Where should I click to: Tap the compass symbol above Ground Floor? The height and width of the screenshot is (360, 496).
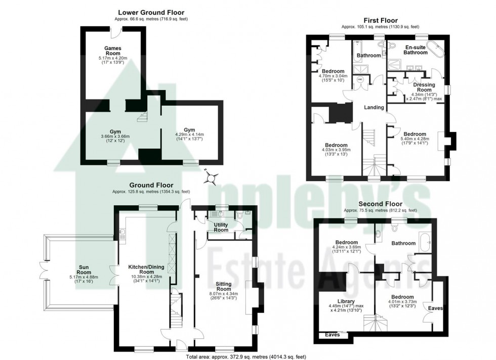click(212, 177)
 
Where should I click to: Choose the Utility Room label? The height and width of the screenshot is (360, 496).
click(221, 227)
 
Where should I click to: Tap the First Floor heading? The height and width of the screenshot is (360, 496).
click(380, 20)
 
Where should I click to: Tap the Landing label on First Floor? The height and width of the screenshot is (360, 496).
click(374, 107)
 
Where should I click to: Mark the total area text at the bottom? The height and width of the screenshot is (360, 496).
click(246, 356)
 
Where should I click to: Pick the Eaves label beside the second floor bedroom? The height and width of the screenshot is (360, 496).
click(435, 307)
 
